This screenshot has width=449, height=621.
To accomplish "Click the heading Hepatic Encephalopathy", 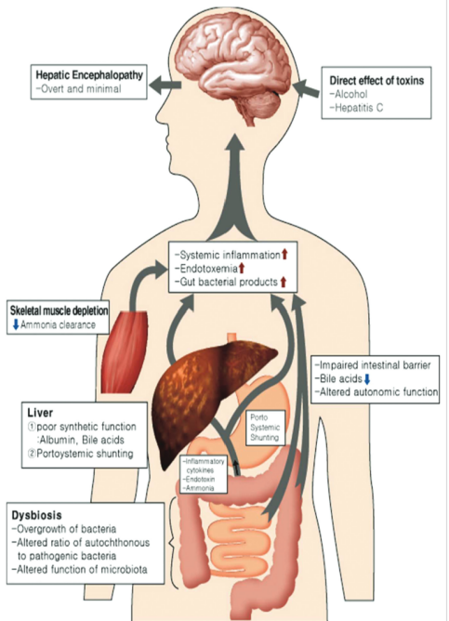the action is [89, 75].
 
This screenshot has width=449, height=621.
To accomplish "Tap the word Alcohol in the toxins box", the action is [350, 94].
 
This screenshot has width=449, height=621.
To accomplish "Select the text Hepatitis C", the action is [359, 108].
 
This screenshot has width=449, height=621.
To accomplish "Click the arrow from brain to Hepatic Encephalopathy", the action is [165, 86].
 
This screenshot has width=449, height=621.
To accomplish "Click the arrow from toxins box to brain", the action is [307, 87].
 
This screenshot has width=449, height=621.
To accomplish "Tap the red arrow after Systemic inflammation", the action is [284, 255].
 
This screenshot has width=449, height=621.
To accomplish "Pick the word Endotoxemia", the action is [208, 269].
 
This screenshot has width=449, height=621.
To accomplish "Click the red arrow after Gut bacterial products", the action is [284, 282].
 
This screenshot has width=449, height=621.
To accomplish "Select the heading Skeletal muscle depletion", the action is [59, 310].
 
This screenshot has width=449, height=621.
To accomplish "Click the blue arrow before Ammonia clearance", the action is [16, 324].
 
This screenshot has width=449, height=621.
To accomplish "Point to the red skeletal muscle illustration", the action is [125, 351].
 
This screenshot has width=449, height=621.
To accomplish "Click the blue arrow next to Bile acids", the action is [367, 379].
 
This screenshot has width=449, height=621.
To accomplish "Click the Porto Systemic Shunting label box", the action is [265, 429].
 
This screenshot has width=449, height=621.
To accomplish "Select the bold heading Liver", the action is [40, 413].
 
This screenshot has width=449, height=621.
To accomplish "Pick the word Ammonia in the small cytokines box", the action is [200, 488].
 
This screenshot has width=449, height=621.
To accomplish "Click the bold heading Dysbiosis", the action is [37, 515].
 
